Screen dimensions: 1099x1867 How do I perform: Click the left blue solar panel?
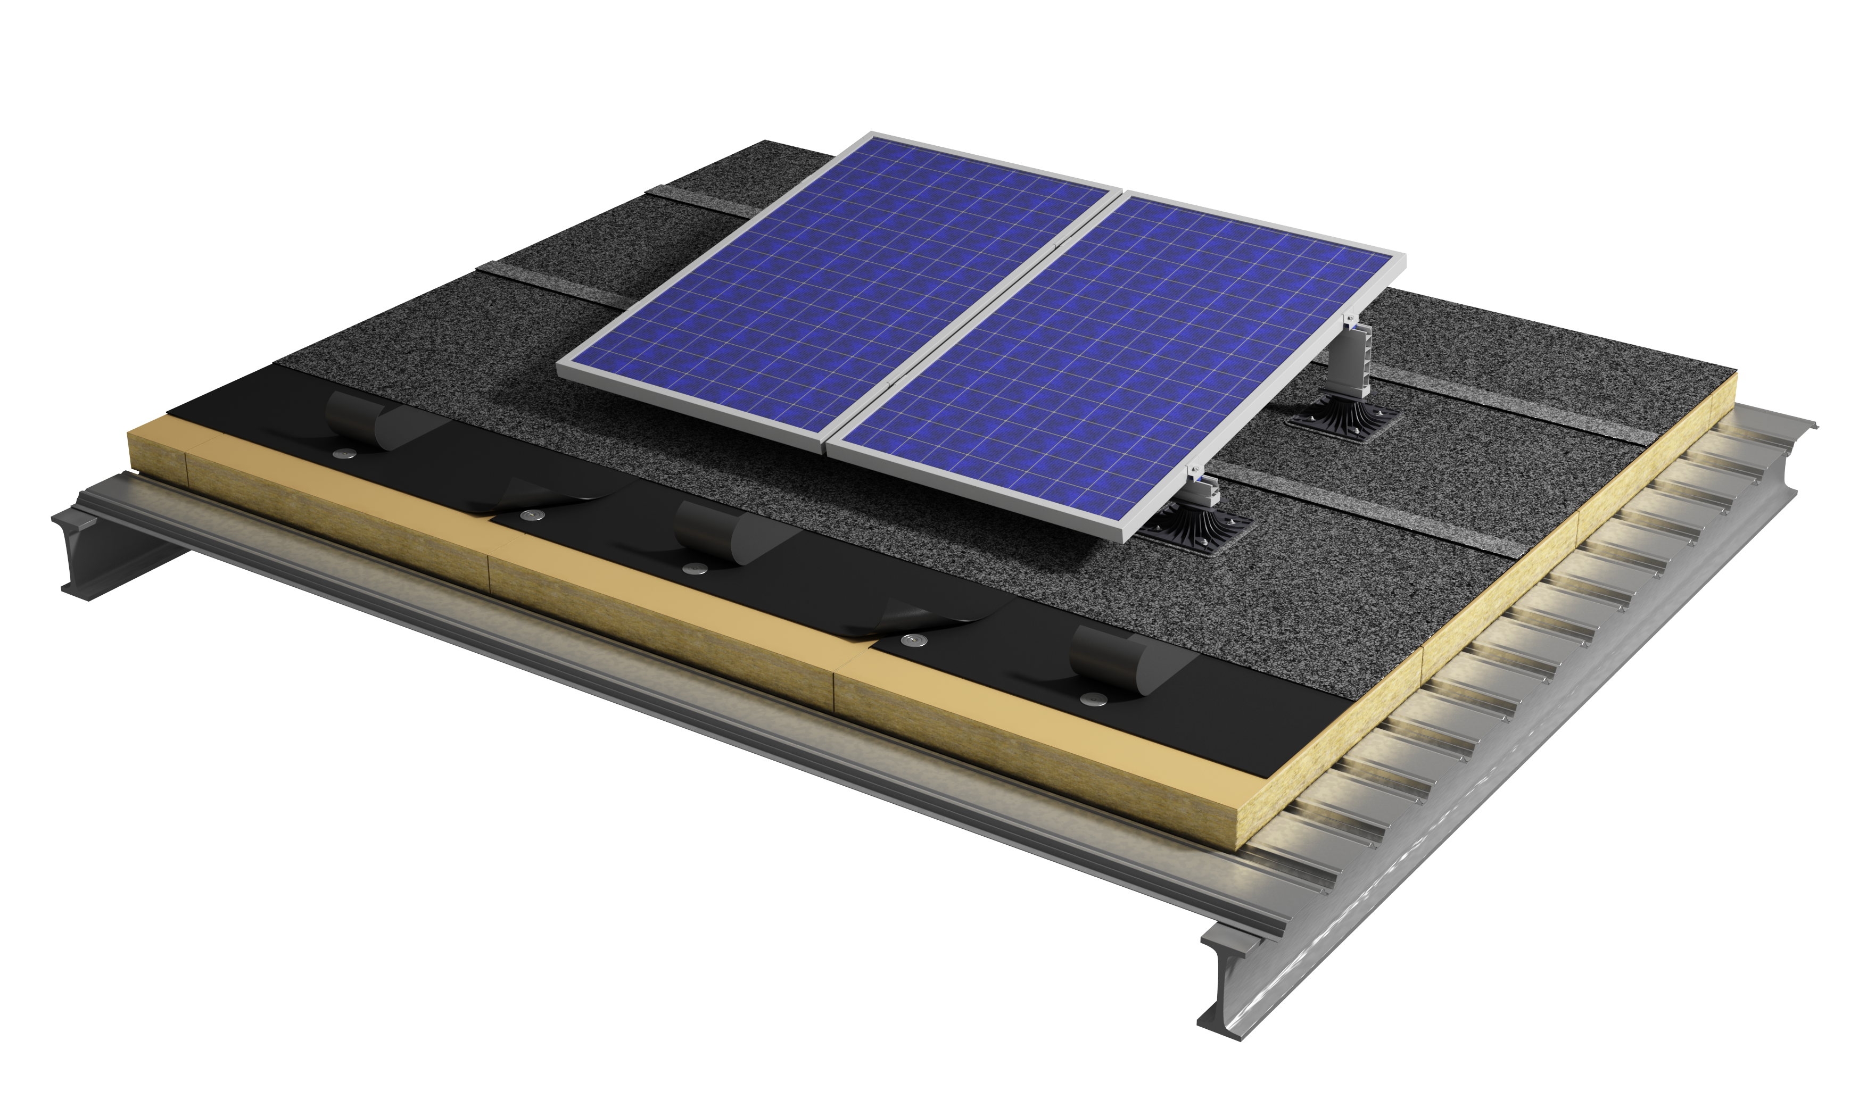pyautogui.click(x=837, y=289)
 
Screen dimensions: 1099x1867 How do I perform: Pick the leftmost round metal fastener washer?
pyautogui.click(x=343, y=453)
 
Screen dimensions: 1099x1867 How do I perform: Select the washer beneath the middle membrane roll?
pyautogui.click(x=693, y=569)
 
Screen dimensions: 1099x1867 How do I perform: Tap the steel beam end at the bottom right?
pyautogui.click(x=1230, y=993)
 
